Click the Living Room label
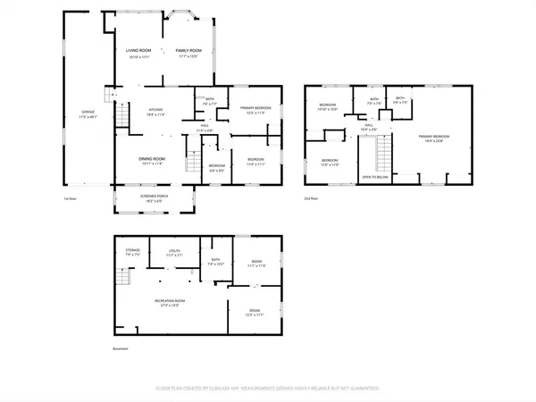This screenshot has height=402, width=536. click(138, 53)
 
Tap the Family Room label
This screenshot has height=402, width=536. click(187, 53)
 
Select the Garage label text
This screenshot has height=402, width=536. click(87, 113)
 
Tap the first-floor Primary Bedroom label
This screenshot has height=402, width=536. click(255, 110)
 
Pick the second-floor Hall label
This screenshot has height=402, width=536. click(367, 127)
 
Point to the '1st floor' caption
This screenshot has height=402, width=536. click(70, 198)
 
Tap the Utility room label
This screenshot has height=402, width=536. click(174, 253)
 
